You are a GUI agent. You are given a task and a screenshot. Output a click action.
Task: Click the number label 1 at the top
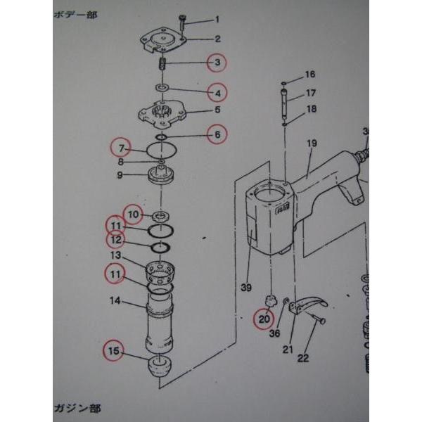tap(217, 19)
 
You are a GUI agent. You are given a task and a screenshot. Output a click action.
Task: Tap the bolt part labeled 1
tap(182, 22)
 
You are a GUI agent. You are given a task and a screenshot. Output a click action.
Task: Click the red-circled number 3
tap(217, 63)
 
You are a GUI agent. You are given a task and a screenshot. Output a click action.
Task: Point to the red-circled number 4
tap(217, 92)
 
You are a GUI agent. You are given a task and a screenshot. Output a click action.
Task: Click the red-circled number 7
tap(121, 148)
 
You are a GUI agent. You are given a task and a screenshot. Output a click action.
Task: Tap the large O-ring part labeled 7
tap(161, 148)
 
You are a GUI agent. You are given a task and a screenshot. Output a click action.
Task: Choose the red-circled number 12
tap(115, 240)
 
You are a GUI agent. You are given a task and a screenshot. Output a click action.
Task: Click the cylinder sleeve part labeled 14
tap(161, 323)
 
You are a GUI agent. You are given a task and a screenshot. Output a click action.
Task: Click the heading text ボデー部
tap(75, 15)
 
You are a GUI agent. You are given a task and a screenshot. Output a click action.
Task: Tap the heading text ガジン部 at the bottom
tap(77, 408)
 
